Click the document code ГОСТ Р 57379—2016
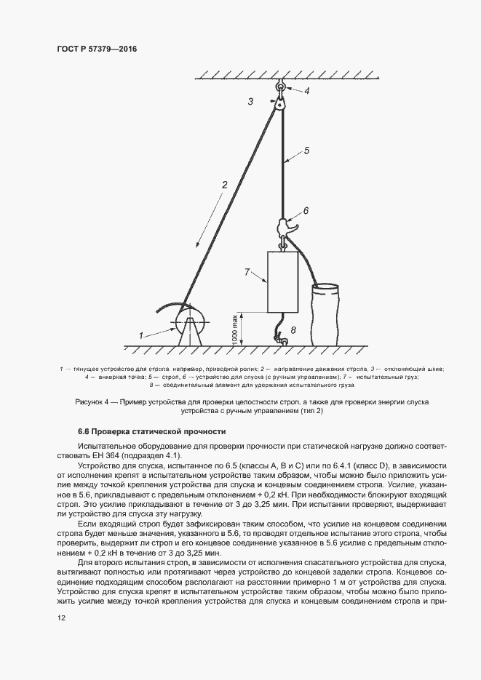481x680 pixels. (97, 49)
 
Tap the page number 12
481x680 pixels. (61, 617)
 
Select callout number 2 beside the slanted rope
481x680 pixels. (226, 185)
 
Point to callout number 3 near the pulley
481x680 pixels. (250, 102)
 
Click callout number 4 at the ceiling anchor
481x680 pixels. (306, 91)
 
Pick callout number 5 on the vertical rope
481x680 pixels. (306, 151)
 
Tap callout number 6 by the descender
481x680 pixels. (306, 210)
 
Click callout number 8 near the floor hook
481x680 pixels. (293, 330)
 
